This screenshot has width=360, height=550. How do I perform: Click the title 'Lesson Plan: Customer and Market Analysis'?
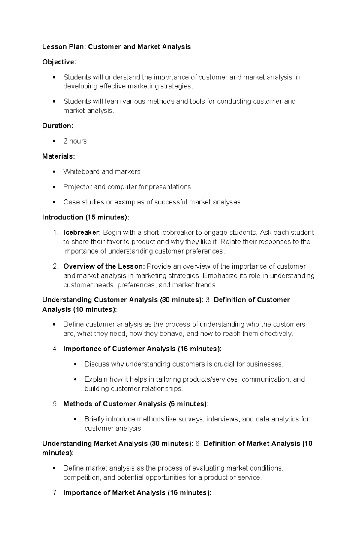pos(116,47)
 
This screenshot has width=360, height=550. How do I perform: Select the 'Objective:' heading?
pos(59,62)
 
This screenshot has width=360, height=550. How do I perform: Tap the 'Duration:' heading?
pos(58,126)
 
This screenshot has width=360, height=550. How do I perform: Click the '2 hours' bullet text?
pos(75,141)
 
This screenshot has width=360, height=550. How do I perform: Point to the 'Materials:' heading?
pos(59,156)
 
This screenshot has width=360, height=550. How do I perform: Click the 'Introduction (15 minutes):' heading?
pos(86,217)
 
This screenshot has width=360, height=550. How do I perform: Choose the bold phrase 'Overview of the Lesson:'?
pos(104,266)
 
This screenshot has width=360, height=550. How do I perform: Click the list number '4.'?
pos(55,349)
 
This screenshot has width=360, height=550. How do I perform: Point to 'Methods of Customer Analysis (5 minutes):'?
pos(136,404)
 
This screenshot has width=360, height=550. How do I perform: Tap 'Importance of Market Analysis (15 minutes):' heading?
pos(137,493)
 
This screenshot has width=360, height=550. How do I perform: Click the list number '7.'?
pos(55,493)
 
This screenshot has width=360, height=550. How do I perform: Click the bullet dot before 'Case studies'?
pos(54,202)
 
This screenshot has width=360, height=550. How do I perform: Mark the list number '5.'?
pos(55,404)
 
